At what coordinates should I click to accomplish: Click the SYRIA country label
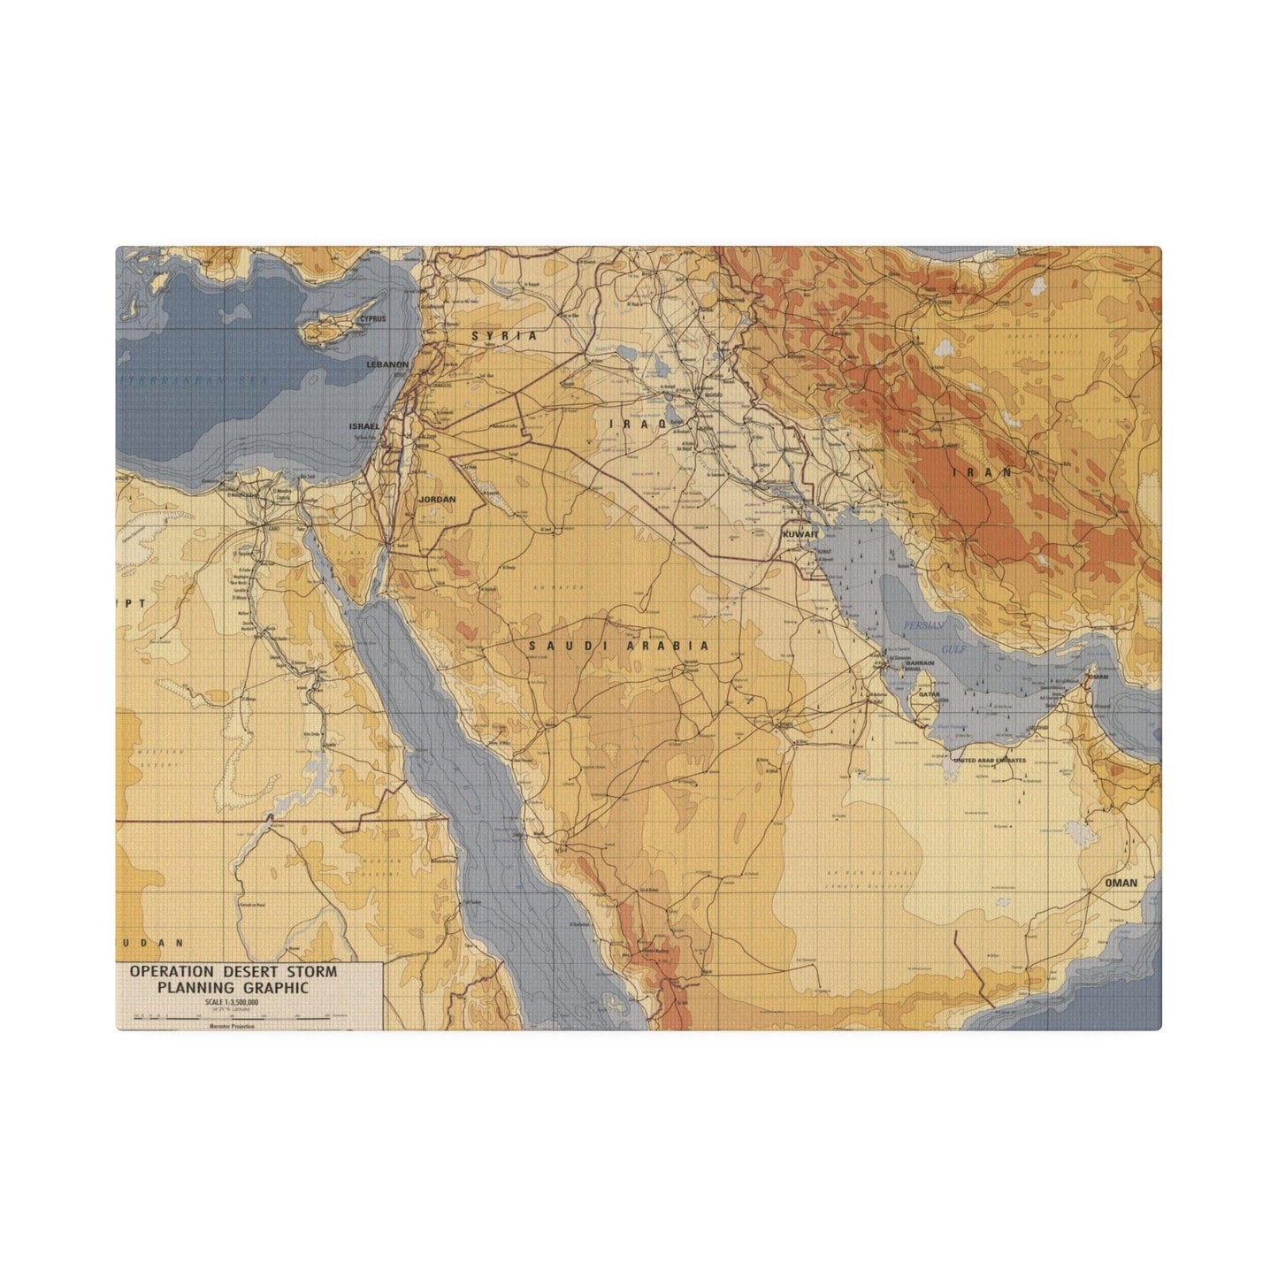pos(504,336)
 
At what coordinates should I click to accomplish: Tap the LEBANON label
pos(387,364)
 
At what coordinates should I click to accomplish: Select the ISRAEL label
pos(364,425)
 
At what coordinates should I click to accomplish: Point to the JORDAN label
pos(437,500)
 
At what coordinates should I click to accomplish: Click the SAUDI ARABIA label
pos(619,646)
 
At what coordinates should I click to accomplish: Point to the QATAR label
pos(929,695)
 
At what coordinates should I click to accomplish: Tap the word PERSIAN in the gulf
pos(924,625)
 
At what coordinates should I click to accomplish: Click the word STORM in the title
pos(309,971)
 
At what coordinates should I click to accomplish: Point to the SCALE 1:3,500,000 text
pos(231,1002)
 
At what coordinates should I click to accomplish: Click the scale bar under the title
pos(230,1018)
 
